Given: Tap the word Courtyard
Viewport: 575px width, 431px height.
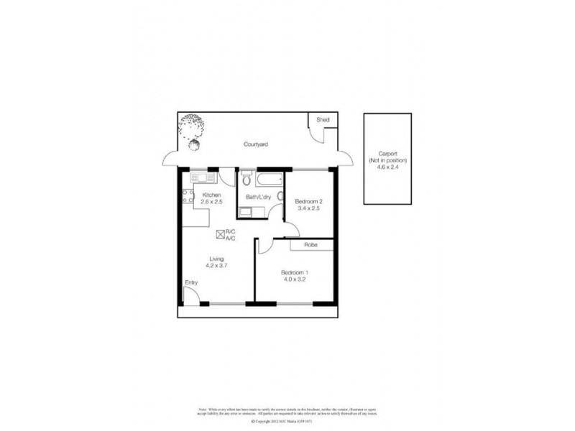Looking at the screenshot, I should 255,144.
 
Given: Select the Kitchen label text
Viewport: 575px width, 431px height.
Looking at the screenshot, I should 211,195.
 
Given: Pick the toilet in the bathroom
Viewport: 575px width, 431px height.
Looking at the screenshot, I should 247,178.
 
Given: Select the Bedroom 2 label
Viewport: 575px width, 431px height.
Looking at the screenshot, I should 309,201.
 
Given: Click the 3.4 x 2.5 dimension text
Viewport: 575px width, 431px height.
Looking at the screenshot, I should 309,209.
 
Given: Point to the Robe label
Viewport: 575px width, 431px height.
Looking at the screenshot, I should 310,245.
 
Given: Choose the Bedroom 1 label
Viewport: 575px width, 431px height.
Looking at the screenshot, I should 294,272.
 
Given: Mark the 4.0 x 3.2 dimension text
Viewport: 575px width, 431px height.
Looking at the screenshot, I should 294,280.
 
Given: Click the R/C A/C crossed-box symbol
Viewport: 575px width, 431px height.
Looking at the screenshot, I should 220,233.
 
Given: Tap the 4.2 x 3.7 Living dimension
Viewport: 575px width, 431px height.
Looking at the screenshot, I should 216,266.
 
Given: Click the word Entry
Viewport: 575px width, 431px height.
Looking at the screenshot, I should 191,282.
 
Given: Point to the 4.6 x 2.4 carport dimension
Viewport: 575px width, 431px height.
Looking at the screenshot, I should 387,165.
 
